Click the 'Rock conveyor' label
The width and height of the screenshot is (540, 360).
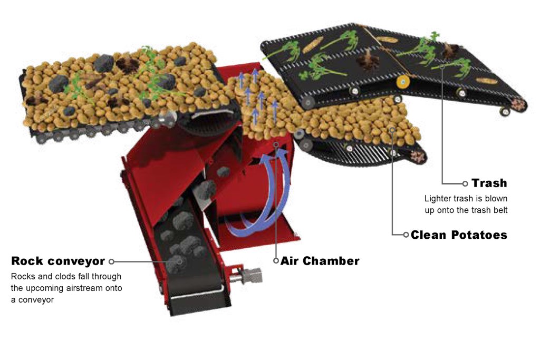point(58,261)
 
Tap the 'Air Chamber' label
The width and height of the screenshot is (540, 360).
point(320,261)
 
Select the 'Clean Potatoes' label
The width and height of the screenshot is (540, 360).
point(459,235)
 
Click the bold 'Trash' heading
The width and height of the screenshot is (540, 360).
point(489,183)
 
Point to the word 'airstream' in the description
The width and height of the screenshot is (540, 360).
point(84,288)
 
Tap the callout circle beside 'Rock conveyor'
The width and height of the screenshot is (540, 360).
point(111,261)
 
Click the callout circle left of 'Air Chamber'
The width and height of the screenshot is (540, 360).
point(276,261)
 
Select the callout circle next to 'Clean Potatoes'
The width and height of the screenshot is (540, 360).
point(406,235)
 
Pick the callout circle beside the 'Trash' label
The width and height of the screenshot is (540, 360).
point(465,183)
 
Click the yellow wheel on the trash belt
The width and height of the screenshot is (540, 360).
point(402,82)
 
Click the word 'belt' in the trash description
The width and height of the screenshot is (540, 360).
point(500,210)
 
